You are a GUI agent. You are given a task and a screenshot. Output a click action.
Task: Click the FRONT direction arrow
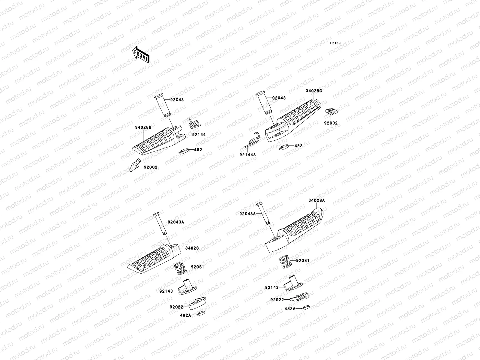tap(141, 54)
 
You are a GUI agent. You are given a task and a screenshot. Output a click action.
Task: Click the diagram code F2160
tap(335, 43)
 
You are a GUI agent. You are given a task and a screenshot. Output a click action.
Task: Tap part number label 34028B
tap(143, 127)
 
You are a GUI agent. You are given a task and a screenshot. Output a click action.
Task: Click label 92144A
tap(247, 155)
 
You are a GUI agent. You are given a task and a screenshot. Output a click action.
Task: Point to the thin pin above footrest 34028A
tap(262, 214)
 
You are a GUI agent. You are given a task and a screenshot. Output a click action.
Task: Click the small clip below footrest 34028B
tap(184, 151)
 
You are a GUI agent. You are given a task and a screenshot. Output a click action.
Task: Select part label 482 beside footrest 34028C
tap(298, 146)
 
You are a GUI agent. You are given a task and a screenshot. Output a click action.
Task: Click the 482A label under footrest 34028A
tap(290, 308)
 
